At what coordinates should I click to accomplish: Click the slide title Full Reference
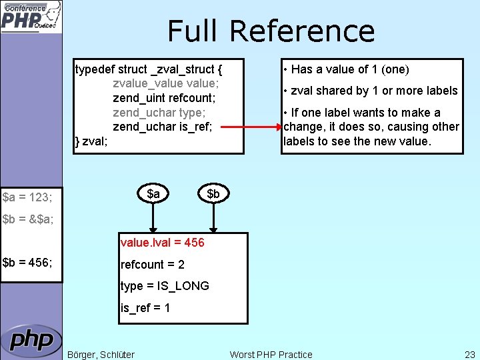pyautogui.click(x=271, y=31)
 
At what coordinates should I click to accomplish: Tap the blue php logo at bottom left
pyautogui.click(x=31, y=341)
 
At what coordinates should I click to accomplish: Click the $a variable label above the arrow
pyautogui.click(x=153, y=193)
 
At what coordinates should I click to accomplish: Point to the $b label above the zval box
pyautogui.click(x=213, y=193)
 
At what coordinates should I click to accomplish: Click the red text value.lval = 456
pyautogui.click(x=163, y=243)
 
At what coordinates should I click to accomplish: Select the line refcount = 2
pyautogui.click(x=153, y=265)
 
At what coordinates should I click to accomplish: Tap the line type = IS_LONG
pyautogui.click(x=165, y=286)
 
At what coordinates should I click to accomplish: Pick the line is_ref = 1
pyautogui.click(x=145, y=308)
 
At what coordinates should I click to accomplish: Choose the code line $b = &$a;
pyautogui.click(x=28, y=219)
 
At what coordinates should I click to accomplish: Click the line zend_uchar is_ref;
pyautogui.click(x=163, y=127)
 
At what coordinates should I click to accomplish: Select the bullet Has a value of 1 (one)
pyautogui.click(x=346, y=69)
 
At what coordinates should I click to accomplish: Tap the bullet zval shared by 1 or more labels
pyautogui.click(x=370, y=91)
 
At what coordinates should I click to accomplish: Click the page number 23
pyautogui.click(x=469, y=355)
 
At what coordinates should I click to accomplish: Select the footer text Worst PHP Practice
pyautogui.click(x=271, y=355)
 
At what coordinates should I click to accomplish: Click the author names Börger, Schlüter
pyautogui.click(x=101, y=355)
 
